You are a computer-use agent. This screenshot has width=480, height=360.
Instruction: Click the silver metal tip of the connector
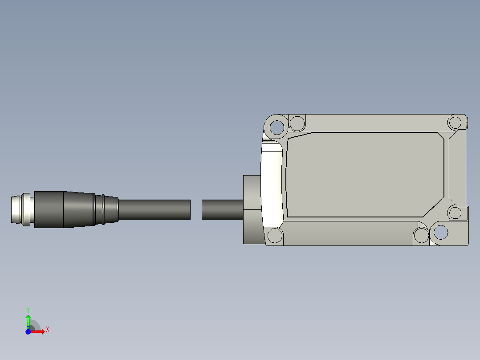pos(17,209)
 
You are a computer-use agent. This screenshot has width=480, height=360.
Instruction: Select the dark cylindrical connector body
pos(49,209)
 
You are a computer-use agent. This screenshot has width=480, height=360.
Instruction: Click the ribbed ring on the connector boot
pos(103,209)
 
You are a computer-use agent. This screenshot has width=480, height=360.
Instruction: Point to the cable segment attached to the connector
pos(154,209)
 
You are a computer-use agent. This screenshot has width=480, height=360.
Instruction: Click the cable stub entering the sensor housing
pos(222,209)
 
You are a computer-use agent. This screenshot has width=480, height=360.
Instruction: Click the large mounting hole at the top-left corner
pos(277,127)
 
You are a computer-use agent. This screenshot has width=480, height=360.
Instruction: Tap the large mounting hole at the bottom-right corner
pos(441,232)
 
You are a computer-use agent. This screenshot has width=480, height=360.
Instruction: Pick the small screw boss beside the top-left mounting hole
pos(297,123)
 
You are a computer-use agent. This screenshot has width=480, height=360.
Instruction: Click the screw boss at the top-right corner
pos(455,122)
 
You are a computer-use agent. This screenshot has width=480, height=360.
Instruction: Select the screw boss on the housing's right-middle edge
pos(455,213)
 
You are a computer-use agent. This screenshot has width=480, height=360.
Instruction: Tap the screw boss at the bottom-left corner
pos(275,235)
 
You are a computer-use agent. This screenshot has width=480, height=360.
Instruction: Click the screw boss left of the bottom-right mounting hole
pos(421,236)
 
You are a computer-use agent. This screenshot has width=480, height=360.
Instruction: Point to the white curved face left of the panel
pos(272,187)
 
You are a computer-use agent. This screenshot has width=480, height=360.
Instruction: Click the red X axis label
pos(48,329)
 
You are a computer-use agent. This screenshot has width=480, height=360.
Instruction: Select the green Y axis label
pos(28,309)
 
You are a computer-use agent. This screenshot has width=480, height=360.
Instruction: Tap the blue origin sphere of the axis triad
pos(28,331)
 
